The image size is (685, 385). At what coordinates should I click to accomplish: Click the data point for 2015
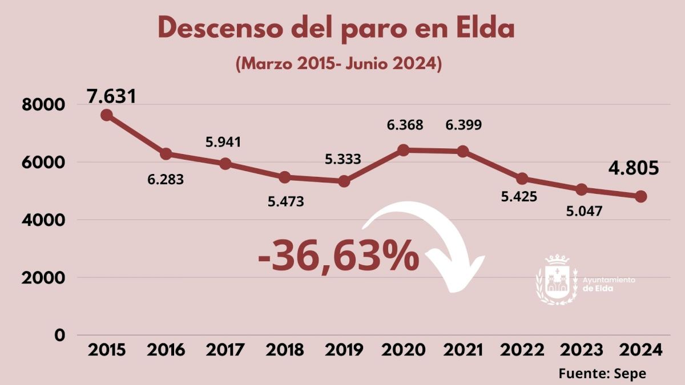pos(106,115)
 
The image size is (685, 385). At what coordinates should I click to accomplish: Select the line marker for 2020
pos(403,150)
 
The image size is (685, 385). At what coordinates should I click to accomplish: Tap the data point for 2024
pos(640,196)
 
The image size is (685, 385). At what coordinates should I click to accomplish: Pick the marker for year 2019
pos(344,181)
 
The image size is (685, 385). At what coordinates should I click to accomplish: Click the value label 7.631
pos(112,95)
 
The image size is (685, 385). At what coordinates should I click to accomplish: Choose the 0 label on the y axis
pos(60,335)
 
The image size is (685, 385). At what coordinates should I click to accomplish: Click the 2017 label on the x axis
pos(225,350)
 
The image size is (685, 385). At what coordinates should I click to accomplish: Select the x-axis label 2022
pos(522,350)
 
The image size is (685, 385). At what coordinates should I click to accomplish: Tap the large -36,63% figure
pos(339,257)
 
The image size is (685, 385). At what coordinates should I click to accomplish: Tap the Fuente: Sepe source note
pos(602,373)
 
